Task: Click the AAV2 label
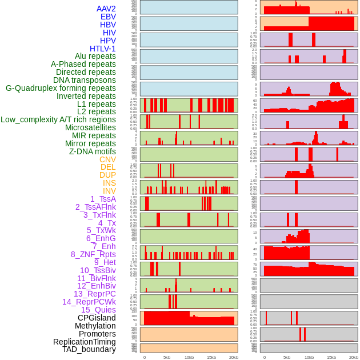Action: (x=106, y=9)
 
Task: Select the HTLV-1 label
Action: (x=103, y=49)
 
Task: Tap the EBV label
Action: (x=108, y=17)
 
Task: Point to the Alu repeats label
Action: (x=95, y=57)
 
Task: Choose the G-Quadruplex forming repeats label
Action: (x=61, y=88)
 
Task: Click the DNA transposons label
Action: (x=85, y=80)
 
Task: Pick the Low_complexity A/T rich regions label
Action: (x=58, y=119)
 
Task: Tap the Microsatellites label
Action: (x=90, y=127)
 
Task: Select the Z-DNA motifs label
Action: (x=93, y=151)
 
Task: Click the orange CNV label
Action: (x=107, y=159)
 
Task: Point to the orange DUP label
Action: (x=107, y=175)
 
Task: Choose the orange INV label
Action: (x=109, y=191)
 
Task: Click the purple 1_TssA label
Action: (x=103, y=199)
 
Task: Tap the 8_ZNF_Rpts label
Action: (x=93, y=254)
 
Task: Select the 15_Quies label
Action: (x=98, y=310)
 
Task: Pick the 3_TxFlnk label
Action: (x=99, y=215)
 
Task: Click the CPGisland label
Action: (x=97, y=318)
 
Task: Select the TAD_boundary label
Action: (x=89, y=349)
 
